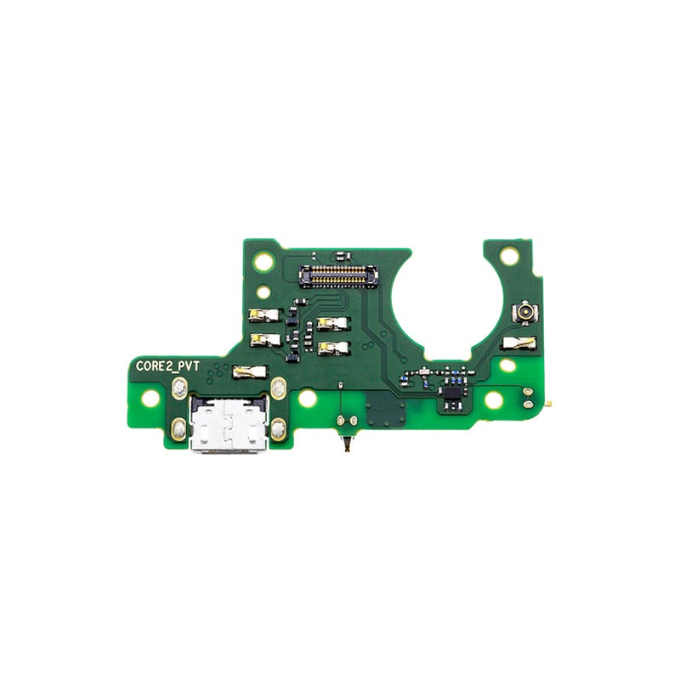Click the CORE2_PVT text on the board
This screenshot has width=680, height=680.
tap(167, 366)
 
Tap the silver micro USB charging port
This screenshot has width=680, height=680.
tap(229, 425)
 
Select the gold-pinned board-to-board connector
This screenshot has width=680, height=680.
tap(339, 275)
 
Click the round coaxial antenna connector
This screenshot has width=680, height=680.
tap(524, 311)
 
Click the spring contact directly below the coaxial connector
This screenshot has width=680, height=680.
tap(519, 343)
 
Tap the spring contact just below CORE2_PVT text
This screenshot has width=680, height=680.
tap(250, 371)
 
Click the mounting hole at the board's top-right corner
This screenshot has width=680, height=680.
tap(508, 256)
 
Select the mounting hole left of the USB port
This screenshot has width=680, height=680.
tap(150, 399)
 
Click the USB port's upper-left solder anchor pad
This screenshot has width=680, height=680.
tap(179, 388)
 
